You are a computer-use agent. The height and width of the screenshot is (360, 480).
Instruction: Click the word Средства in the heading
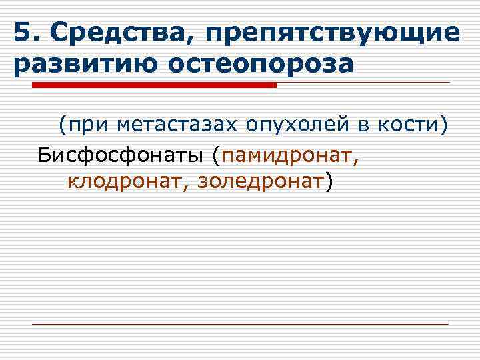tap(112, 33)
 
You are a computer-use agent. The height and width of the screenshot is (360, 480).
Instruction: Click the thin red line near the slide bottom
tap(240, 324)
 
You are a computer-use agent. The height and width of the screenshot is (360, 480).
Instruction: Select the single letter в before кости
tap(370, 125)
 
